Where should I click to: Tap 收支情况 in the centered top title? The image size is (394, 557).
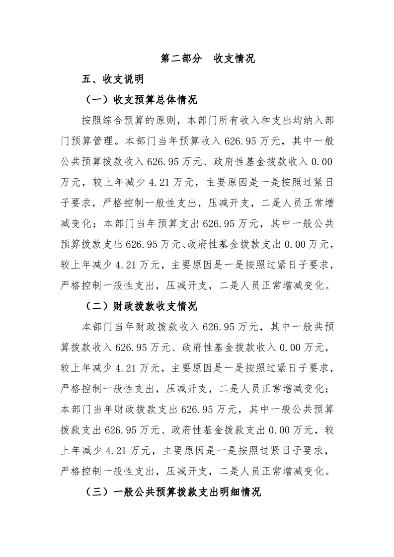coord(234,59)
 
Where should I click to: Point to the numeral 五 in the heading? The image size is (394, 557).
coord(87,79)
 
